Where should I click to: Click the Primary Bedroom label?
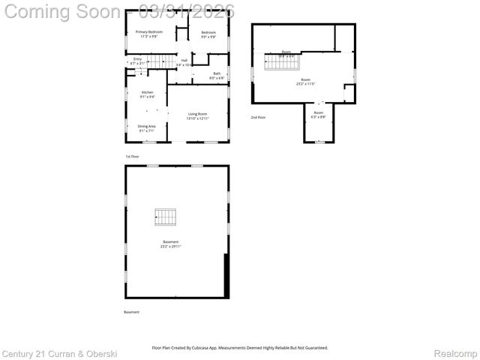tap(148, 34)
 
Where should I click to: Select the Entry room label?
tap(137, 61)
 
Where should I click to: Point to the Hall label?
tap(184, 62)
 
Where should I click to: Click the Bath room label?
tap(216, 75)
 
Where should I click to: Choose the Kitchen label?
tap(147, 94)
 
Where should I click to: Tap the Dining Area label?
tap(146, 128)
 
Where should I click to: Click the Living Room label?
tap(198, 115)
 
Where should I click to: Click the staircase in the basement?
tap(166, 217)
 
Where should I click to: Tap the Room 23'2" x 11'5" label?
tap(305, 81)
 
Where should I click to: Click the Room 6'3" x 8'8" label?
tap(319, 114)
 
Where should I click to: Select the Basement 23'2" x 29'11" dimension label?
tap(170, 244)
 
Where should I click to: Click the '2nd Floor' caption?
tap(258, 117)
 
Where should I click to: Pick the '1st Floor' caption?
tap(132, 156)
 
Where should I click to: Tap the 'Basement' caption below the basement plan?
tap(131, 312)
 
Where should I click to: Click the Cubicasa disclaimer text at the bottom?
tap(240, 348)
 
